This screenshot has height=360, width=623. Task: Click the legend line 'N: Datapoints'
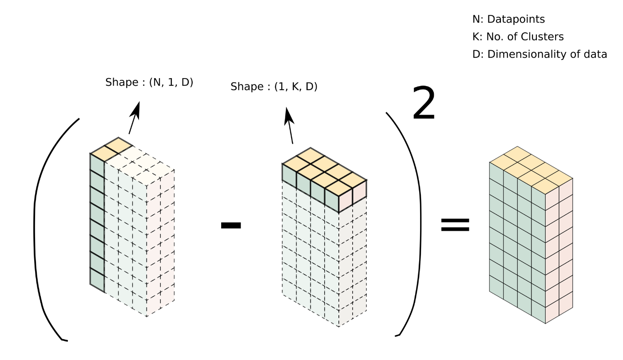(x=508, y=19)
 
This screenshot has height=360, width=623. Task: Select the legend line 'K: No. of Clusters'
(x=518, y=37)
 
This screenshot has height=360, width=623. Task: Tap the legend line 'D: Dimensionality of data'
(x=540, y=54)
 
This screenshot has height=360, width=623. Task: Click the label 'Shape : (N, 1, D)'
(x=149, y=82)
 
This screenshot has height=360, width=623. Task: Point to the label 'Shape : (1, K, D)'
(x=274, y=87)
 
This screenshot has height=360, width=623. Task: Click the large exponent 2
(x=424, y=104)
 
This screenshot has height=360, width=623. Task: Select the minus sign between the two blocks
(x=231, y=225)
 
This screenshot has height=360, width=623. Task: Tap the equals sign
(x=454, y=225)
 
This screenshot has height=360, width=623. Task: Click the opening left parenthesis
(x=42, y=226)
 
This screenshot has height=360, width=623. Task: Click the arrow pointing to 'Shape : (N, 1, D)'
(x=134, y=117)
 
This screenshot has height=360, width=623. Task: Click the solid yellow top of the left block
(x=111, y=149)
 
